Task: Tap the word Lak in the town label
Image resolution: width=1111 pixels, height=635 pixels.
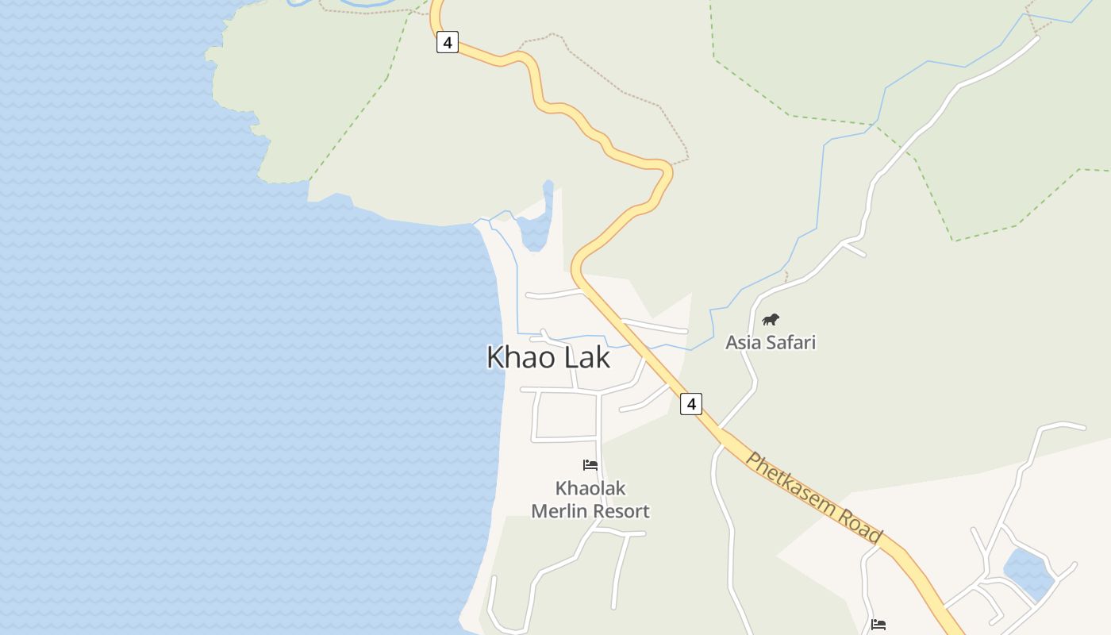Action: pyautogui.click(x=587, y=357)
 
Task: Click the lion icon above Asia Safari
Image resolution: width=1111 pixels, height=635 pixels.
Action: pyautogui.click(x=771, y=320)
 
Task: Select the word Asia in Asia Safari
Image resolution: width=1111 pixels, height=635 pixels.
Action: pyautogui.click(x=741, y=343)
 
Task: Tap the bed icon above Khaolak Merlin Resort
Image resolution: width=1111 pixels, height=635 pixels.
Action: pyautogui.click(x=590, y=465)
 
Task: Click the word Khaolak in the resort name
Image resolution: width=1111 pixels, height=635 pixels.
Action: pyautogui.click(x=590, y=488)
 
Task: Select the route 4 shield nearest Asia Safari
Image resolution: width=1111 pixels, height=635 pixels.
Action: pyautogui.click(x=691, y=404)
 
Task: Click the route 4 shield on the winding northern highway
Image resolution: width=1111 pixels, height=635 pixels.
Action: pyautogui.click(x=448, y=43)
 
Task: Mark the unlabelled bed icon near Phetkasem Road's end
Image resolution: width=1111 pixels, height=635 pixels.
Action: pyautogui.click(x=878, y=625)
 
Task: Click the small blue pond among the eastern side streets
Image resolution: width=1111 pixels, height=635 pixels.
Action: pyautogui.click(x=1028, y=573)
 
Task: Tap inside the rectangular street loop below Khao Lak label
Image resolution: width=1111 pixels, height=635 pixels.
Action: pyautogui.click(x=567, y=415)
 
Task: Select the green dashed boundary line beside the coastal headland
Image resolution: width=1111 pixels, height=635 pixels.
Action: pyautogui.click(x=357, y=119)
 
